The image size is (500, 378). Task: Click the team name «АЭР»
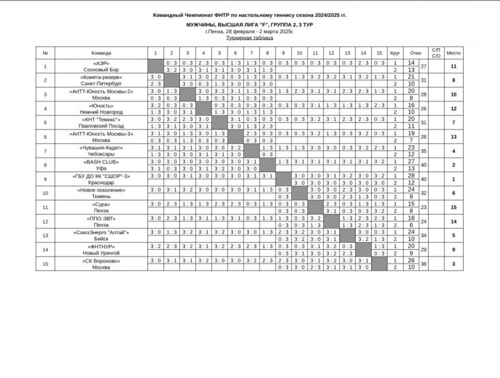point(101,63)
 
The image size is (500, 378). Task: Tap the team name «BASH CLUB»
point(101,162)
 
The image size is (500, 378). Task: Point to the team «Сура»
point(101,205)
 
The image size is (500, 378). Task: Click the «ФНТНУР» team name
point(101,247)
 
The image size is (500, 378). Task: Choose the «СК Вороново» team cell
point(101,261)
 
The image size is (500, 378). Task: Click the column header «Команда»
point(101,53)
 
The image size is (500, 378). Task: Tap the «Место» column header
point(454,53)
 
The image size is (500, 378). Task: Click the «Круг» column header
point(395,53)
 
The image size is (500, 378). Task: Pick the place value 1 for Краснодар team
point(454,180)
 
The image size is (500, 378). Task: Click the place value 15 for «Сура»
point(454,208)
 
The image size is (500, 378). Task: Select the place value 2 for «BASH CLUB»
point(454,165)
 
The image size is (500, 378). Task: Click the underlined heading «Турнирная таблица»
point(249,37)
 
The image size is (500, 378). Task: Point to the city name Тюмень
point(101,197)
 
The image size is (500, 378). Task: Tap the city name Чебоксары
point(101,154)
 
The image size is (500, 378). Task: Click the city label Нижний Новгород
point(101,112)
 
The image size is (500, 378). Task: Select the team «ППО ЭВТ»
point(101,218)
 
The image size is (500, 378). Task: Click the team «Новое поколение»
point(101,190)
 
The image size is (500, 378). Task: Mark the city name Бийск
point(101,239)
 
